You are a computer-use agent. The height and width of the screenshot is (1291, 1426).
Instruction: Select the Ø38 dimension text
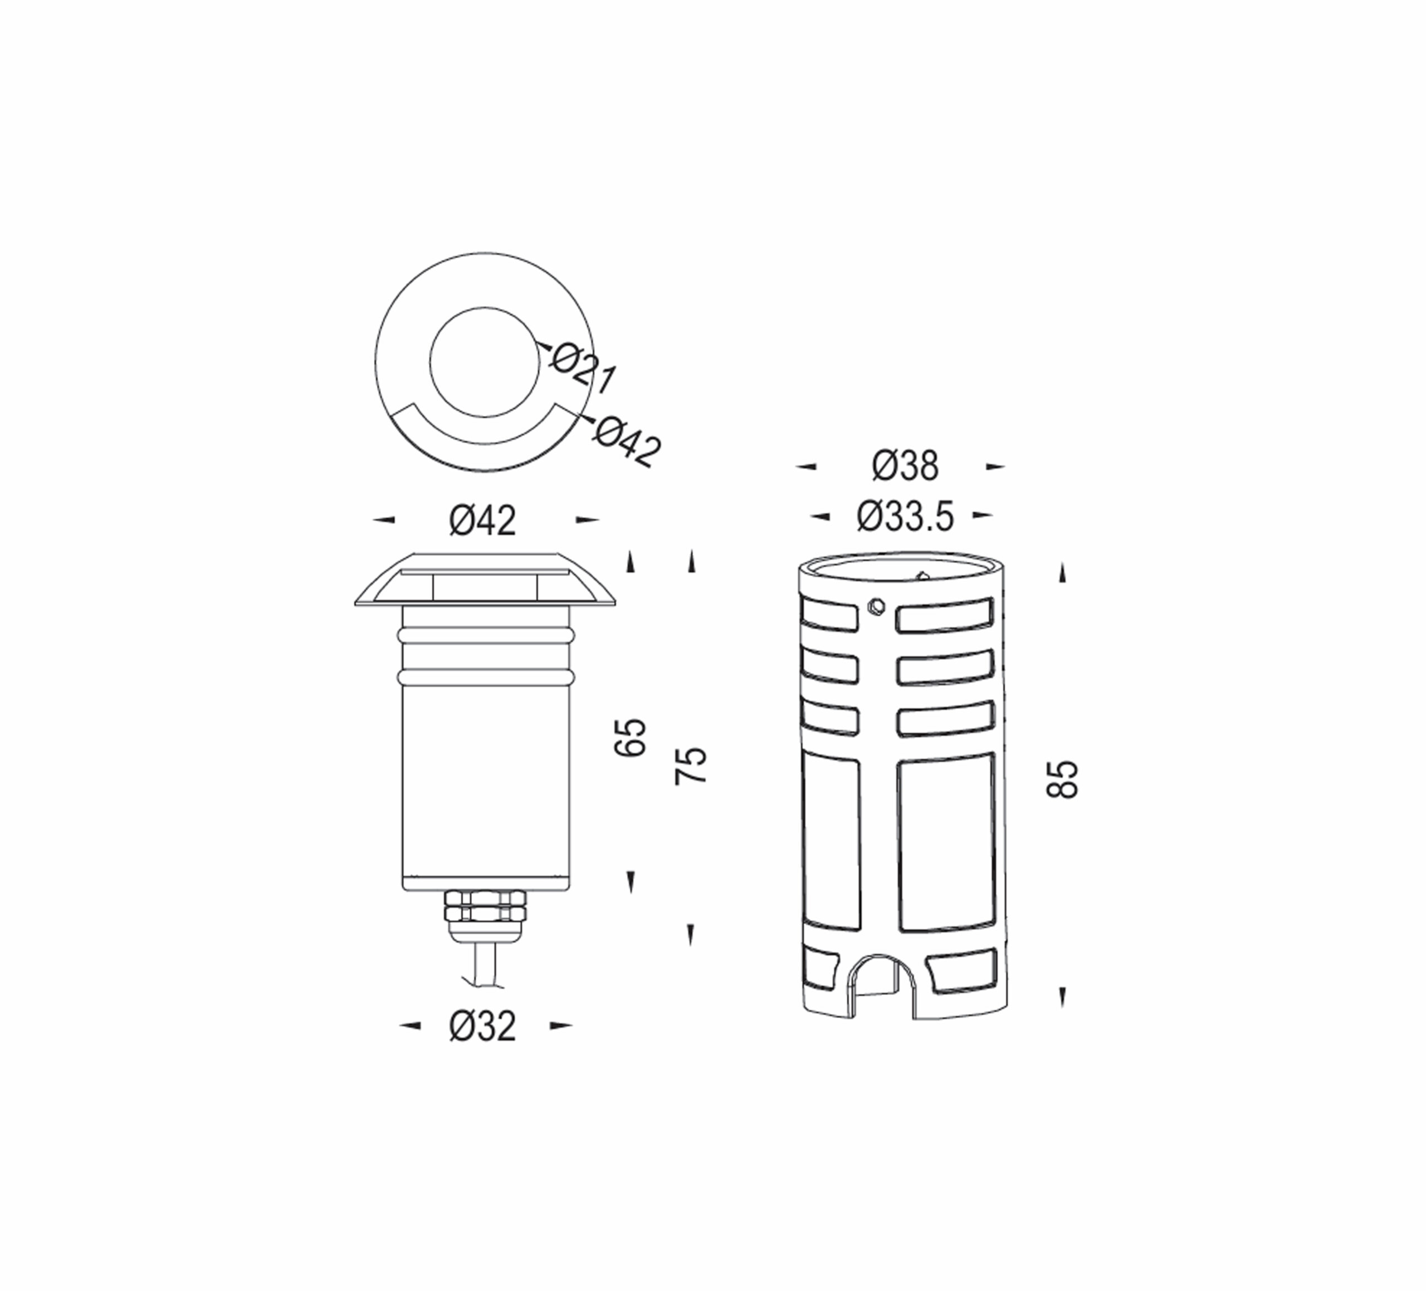pos(905,466)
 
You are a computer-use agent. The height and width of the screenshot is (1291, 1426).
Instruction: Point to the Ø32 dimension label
pos(482,1026)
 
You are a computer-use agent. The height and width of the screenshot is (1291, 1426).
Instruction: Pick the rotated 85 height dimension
pos(1062,779)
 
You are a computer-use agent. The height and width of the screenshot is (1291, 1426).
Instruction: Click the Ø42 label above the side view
pos(482,521)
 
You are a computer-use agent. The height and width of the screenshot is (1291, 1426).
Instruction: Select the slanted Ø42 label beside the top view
pos(627,441)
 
